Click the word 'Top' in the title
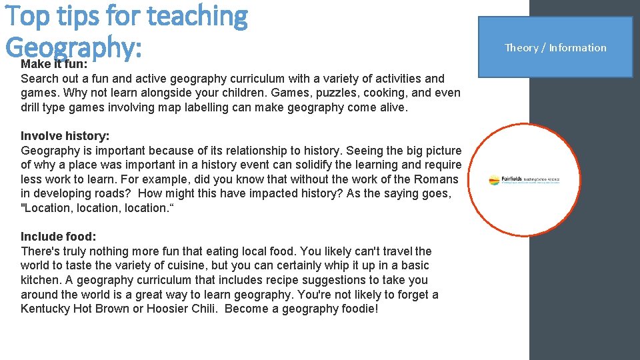pos(27,16)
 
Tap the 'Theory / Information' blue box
pos(555,47)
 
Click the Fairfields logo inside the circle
pos(524,180)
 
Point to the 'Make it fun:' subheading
pos(54,64)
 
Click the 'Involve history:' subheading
pos(65,136)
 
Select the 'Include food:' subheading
pos(59,237)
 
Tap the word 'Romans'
pos(437,179)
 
